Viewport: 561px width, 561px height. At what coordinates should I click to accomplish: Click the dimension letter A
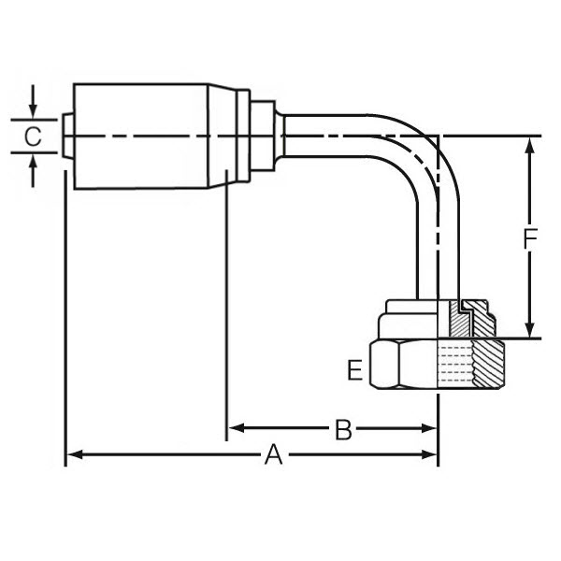273,455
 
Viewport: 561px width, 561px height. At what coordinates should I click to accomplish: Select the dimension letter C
32,137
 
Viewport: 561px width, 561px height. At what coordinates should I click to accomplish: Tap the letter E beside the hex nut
354,371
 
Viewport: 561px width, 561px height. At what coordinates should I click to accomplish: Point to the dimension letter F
529,240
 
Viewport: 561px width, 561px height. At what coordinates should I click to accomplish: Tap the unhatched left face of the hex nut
402,366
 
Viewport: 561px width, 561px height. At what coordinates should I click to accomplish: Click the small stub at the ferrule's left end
67,137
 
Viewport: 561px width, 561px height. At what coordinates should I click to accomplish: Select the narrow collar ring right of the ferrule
242,137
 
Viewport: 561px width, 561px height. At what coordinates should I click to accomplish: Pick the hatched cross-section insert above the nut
462,320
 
